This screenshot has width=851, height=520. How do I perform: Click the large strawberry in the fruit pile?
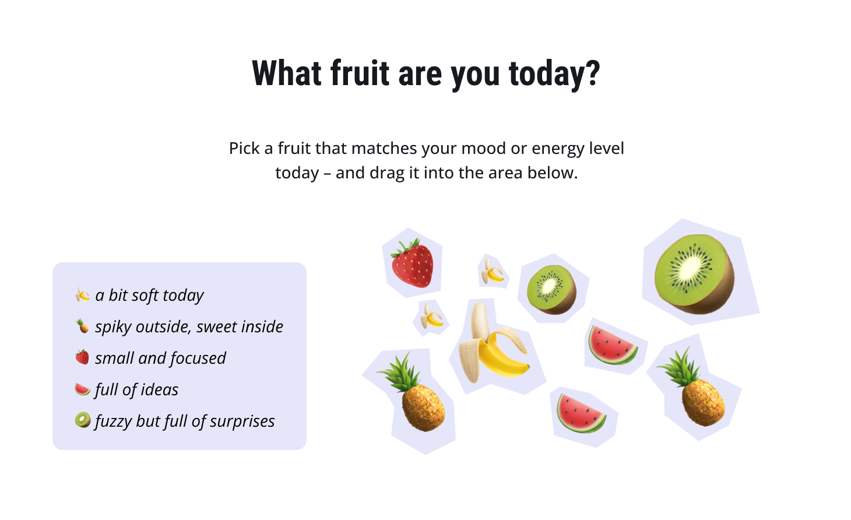(412, 263)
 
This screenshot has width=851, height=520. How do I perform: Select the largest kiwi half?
(694, 274)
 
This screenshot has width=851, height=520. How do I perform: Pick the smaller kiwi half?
(551, 290)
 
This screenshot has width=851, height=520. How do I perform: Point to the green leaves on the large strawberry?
(406, 247)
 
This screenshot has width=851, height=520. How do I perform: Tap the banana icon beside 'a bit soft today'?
(82, 294)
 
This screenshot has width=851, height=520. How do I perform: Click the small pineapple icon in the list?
(82, 326)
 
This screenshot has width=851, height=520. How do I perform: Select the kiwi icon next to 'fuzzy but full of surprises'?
(82, 420)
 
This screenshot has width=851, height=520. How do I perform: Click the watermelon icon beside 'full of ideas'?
(82, 389)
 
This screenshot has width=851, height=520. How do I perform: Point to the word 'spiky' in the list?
(113, 327)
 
